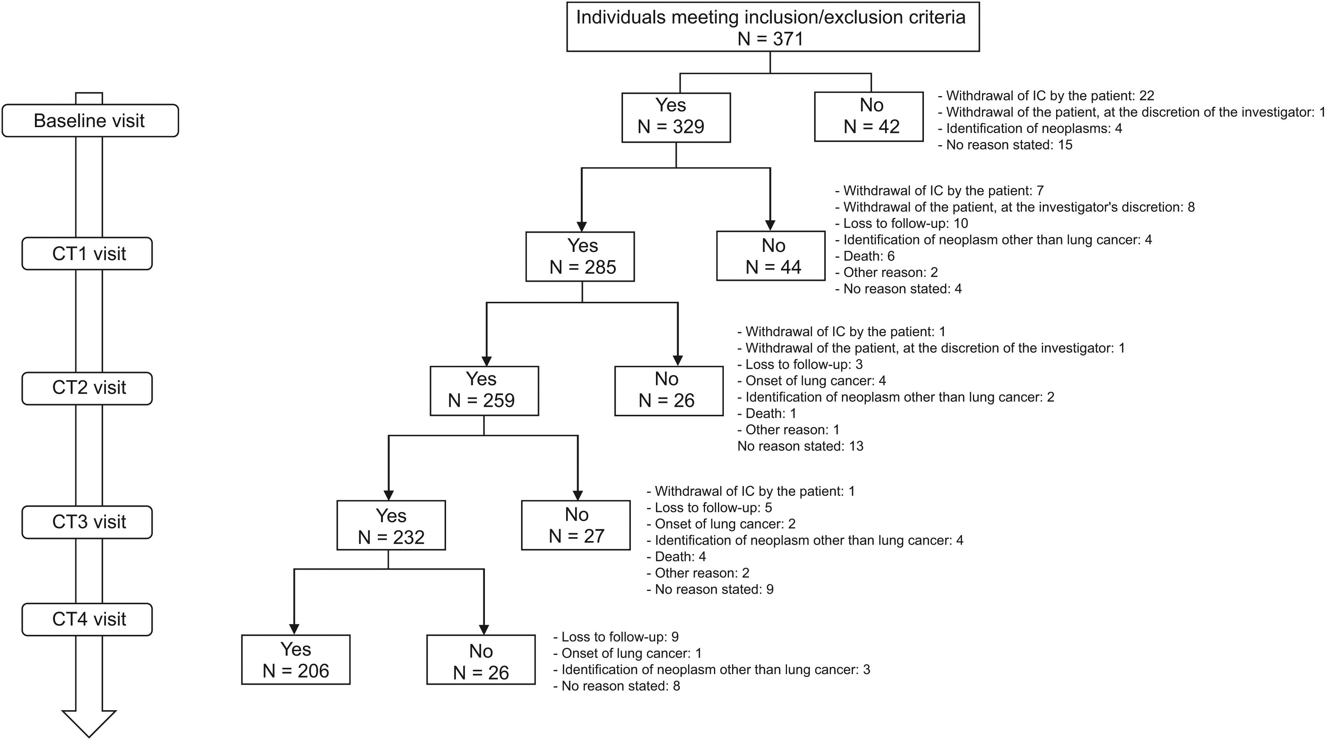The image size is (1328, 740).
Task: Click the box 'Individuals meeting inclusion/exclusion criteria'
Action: coord(772,27)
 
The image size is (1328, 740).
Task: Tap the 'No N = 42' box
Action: coord(868,117)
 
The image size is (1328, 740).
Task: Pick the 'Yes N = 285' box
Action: coord(579,256)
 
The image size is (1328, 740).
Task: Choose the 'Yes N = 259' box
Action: coord(484,390)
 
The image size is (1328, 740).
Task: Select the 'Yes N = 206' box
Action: coord(295,660)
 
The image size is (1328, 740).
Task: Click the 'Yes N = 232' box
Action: coord(391,525)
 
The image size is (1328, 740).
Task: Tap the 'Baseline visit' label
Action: coord(90,121)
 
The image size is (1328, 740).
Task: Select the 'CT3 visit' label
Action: coord(87,522)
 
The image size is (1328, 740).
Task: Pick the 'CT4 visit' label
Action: coord(87,619)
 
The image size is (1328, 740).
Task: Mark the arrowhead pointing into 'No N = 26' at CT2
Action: coord(678,361)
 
